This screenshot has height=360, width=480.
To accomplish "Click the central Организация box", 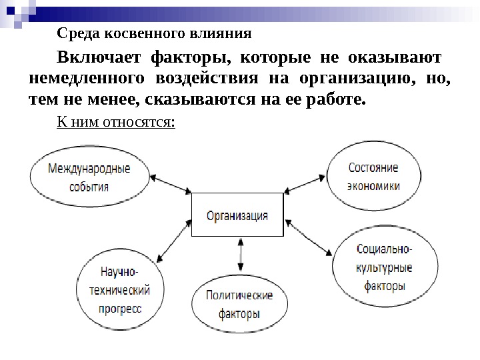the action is point(237,215).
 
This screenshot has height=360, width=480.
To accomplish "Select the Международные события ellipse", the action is point(89,177).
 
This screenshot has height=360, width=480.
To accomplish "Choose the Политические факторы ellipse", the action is point(239,303).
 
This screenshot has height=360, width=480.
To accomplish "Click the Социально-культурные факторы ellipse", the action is point(385,269).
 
